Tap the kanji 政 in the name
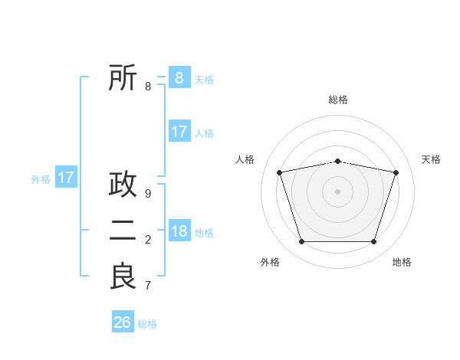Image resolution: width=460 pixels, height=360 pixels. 123,185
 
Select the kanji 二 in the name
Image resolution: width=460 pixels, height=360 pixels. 123,231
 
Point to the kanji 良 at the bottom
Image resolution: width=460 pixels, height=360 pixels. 123,277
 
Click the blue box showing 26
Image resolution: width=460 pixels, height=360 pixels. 123,322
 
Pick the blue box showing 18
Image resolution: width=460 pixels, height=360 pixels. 179,231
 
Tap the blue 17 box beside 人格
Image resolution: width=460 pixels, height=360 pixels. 179,132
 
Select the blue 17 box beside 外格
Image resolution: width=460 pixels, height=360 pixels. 66,178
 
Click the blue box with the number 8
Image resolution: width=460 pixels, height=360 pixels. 179,77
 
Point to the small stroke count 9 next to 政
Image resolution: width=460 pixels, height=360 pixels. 148,194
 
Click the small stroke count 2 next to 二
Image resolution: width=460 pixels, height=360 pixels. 148,240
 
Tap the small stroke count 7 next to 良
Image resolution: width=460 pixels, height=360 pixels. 148,286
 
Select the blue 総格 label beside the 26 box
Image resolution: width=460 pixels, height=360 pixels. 147,324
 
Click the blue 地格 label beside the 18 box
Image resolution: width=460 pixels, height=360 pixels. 204,233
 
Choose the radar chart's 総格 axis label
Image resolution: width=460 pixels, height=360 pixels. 338,100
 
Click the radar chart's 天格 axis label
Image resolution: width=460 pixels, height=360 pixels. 432,159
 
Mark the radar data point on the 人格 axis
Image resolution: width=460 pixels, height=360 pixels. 280,172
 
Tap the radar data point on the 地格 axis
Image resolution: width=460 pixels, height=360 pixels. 373,242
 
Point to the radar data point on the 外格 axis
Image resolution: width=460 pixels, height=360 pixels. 301,242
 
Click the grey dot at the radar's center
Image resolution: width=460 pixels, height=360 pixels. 337,191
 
